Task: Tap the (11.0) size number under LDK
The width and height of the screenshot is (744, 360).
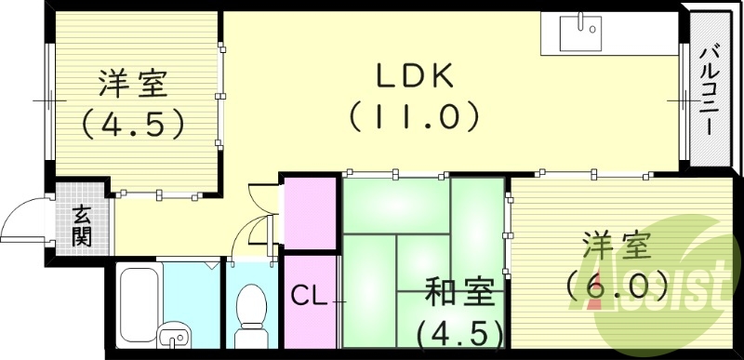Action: point(415,116)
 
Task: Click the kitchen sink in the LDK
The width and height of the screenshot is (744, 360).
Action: point(581,33)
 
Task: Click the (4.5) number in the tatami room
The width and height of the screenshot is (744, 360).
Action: point(459,330)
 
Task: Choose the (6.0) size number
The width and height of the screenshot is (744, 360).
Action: point(618,284)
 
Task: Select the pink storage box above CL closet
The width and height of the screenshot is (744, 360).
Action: point(309,212)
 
